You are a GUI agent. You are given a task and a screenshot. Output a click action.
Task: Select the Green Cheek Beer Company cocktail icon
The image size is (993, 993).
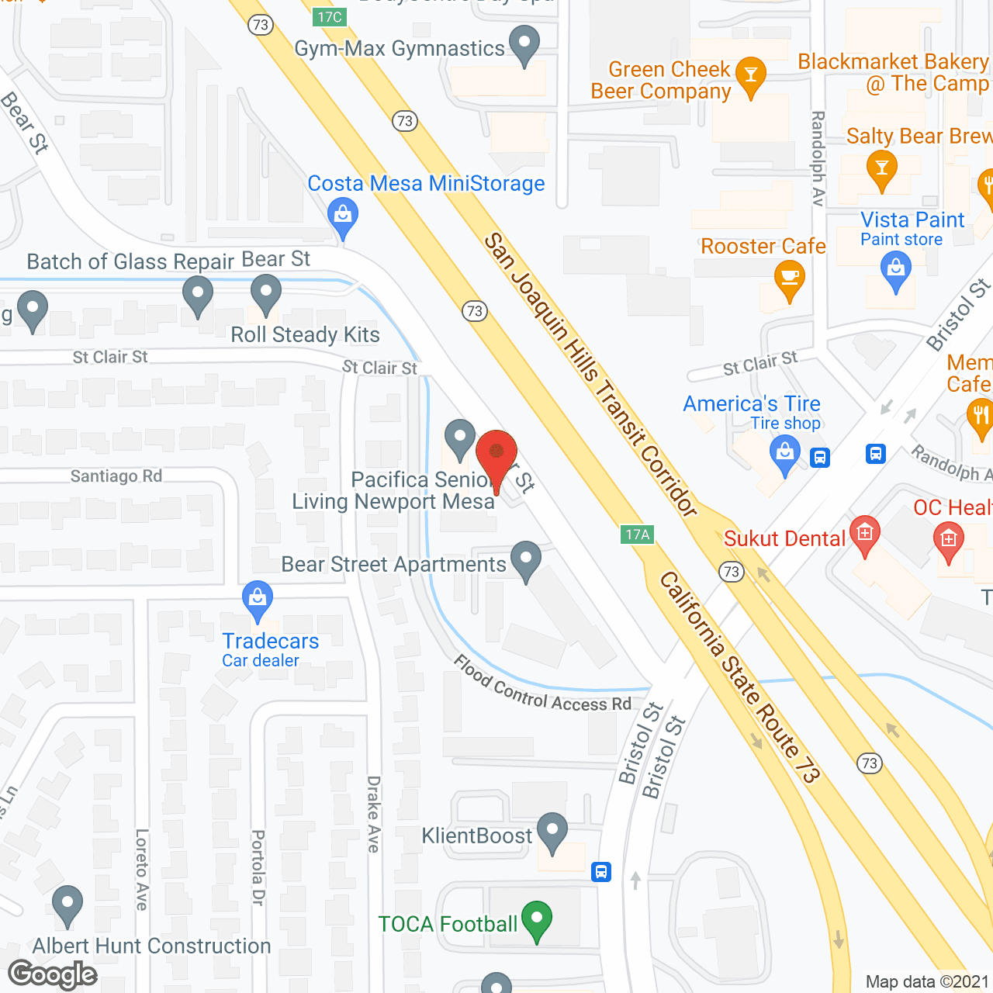coord(750,75)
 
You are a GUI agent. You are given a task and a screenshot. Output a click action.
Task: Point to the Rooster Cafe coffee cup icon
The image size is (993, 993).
coord(789,279)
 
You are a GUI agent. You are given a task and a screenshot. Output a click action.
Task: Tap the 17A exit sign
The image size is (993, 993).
coord(638,535)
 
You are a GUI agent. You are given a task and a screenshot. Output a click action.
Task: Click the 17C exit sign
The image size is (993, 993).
coord(330,17)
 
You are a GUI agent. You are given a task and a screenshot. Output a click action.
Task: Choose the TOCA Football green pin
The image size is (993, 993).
coord(537,919)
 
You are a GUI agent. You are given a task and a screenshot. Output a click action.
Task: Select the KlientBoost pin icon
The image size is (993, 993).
coord(552,832)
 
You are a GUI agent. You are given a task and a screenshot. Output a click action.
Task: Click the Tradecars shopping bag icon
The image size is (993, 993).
coord(257,599)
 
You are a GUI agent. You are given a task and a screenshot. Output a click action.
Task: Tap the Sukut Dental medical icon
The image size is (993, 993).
coord(865,534)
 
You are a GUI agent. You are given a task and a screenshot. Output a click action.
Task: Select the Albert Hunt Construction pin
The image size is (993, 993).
coord(67,904)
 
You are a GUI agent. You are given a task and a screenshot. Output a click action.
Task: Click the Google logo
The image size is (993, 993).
coord(53,974)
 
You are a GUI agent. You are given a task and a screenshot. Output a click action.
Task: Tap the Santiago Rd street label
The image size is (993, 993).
coord(116,476)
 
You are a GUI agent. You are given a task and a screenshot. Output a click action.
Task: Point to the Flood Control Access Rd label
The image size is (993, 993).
coord(542,686)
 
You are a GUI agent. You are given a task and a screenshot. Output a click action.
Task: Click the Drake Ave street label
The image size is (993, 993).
coord(374,814)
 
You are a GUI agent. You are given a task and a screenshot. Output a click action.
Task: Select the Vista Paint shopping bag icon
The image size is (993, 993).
coord(896,271)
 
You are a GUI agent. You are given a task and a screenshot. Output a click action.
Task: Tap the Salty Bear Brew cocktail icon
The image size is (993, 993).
coord(881,169)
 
